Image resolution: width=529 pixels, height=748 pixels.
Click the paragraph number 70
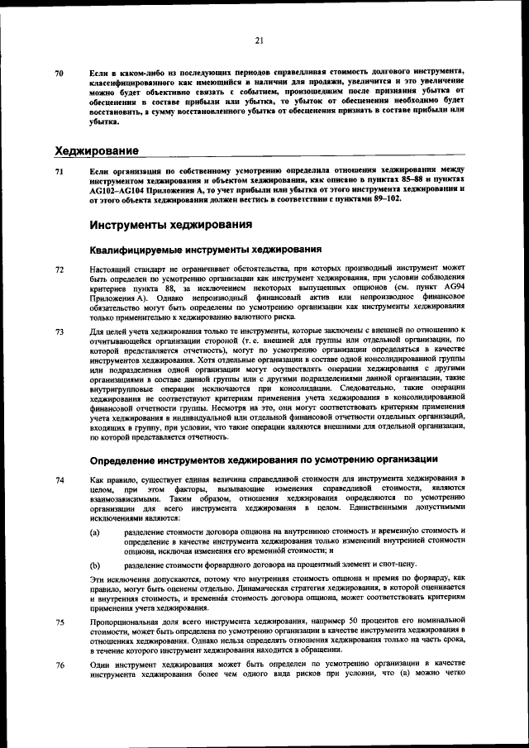pos(59,74)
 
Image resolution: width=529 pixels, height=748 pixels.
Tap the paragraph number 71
pos(59,171)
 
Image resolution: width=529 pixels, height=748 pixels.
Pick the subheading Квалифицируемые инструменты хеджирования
pos(205,250)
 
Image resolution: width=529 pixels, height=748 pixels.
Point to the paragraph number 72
pos(59,269)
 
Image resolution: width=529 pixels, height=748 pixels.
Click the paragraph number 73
pos(59,331)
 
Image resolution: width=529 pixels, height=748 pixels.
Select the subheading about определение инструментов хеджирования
pos(264,459)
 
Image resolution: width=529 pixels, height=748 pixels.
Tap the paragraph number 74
pos(59,479)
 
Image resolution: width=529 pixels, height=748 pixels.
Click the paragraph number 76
pos(59,665)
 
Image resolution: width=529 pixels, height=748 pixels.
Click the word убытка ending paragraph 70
pos(103,121)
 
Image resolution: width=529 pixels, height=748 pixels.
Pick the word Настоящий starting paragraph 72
pos(111,269)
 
